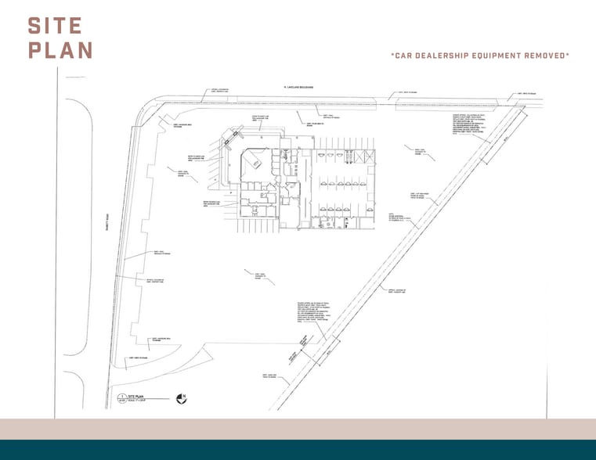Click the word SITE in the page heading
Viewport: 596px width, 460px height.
pyautogui.click(x=55, y=26)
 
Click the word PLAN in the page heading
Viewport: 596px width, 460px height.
pyautogui.click(x=60, y=50)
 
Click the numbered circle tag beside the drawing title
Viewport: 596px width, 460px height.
pyautogui.click(x=122, y=398)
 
